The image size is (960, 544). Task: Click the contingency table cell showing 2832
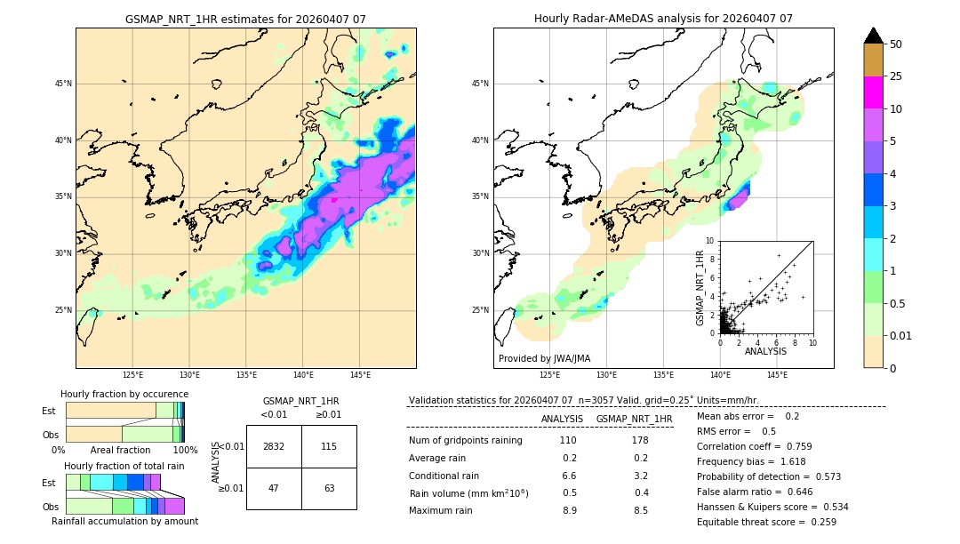pos(274,446)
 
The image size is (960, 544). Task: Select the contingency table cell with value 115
pos(329,446)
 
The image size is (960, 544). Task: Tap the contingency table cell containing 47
pos(274,488)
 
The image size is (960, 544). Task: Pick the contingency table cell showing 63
pos(329,488)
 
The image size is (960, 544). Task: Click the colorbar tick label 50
pos(896,44)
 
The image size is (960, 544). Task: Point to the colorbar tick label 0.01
pos(901,335)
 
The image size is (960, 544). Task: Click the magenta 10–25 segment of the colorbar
pos(873,92)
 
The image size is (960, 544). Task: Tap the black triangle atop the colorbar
pos(874,36)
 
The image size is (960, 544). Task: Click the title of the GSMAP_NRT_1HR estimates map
pos(245,19)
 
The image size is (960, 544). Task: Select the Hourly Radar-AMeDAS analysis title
pos(663,19)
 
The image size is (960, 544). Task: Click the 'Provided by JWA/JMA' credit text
pos(544,359)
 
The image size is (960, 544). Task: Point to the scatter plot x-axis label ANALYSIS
pos(765,351)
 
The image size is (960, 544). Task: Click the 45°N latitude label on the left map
pos(63,84)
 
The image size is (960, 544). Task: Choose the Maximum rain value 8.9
pos(569,510)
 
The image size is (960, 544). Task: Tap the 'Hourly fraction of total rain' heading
pos(124,466)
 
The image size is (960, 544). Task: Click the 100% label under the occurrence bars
pos(185,450)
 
